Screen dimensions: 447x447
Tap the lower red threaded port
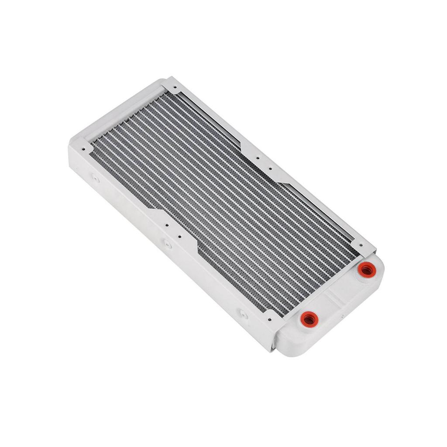tap(309, 319)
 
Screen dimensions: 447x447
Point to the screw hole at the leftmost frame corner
tap(85, 147)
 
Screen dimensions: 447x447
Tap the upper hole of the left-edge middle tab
tap(167, 226)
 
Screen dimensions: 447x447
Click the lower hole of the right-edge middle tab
tap(270, 168)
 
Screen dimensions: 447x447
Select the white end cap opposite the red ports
tap(118, 113)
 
